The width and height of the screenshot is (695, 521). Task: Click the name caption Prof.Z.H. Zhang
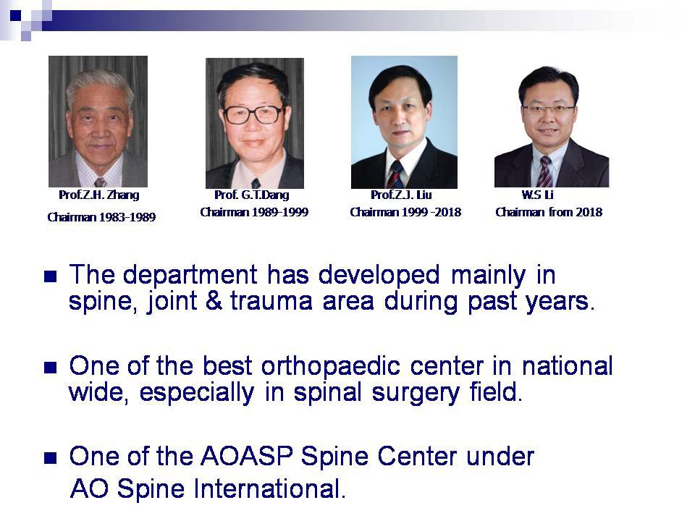(x=98, y=195)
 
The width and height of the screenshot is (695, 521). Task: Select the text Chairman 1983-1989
(x=101, y=217)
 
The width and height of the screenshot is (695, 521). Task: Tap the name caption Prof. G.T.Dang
(x=251, y=195)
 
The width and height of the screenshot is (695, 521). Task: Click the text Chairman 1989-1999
(x=254, y=212)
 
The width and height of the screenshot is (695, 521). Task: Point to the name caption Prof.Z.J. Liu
(x=401, y=195)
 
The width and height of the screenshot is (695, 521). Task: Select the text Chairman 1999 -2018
(x=405, y=212)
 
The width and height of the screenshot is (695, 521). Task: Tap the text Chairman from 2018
(x=549, y=212)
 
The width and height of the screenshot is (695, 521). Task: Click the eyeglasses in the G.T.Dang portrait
(x=253, y=114)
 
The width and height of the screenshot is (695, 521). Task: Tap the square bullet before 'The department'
(x=50, y=276)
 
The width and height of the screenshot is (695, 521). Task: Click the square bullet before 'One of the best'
(x=50, y=367)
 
